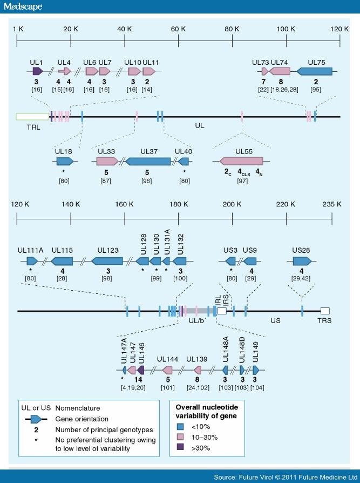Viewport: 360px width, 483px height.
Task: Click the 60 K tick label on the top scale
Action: coord(178,29)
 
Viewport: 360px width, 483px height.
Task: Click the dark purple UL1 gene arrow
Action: coord(37,71)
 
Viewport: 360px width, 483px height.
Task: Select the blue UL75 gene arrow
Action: coord(314,71)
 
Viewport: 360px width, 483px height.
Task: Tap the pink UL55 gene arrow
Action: coord(241,161)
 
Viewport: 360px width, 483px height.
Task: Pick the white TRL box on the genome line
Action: coord(32,116)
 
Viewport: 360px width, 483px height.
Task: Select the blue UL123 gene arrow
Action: coord(107,261)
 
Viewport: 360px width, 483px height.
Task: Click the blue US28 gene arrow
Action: coord(302,261)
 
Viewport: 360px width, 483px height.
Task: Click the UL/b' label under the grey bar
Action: coord(195,320)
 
